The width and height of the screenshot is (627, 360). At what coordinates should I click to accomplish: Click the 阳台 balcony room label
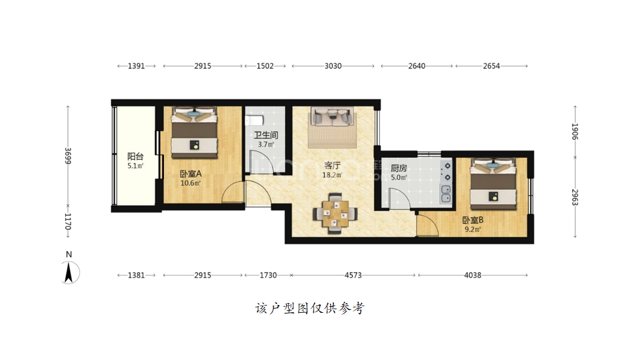pos(135,156)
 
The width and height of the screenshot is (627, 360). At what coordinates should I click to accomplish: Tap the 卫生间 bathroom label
pos(266,135)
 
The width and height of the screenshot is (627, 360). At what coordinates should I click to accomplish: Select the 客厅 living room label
pos(332,165)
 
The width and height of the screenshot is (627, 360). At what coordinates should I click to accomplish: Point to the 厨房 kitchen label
pos(399,168)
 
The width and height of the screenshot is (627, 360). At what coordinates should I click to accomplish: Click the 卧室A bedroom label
pos(190,174)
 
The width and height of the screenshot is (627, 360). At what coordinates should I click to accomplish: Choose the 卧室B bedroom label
pos(473,220)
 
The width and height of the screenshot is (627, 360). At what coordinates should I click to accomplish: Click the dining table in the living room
pos(335,214)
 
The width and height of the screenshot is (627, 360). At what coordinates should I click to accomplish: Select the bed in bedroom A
pos(194,133)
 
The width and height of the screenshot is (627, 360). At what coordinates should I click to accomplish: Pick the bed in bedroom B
pos(493,183)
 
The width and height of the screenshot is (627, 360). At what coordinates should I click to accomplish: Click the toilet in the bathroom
pos(254,120)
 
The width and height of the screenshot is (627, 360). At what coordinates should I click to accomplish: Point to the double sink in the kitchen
pos(445,194)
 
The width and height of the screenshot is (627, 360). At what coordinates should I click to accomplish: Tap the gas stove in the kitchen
pos(446,171)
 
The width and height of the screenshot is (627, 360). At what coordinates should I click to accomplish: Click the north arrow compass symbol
pos(70,272)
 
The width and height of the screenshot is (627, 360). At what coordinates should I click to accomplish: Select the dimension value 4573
pos(353,275)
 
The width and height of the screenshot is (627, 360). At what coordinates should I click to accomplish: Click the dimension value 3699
pos(68,156)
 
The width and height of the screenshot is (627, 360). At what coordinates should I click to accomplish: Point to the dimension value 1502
pos(265,66)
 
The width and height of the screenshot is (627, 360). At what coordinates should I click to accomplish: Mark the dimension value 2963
pos(575,197)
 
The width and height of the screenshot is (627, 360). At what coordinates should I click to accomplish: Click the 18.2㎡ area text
pos(332,175)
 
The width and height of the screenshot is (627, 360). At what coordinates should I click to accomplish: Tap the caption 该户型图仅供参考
pos(310,308)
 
